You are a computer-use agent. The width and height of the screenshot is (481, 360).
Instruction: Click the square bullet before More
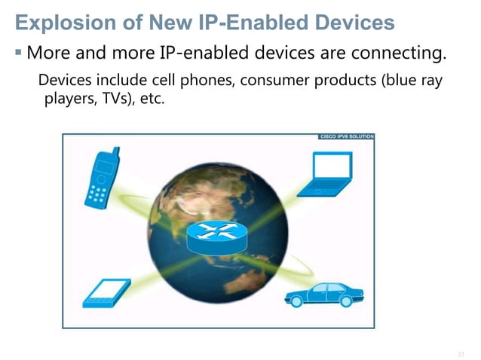point(19,53)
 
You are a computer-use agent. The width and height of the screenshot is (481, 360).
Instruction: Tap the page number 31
point(461,353)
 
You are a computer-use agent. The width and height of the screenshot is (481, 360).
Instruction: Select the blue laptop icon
point(324,175)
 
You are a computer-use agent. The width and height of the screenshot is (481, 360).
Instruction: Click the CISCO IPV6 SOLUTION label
point(346,137)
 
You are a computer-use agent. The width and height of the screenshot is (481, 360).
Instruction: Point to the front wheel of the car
point(296,301)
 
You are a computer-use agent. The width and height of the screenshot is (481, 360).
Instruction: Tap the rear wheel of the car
point(345,301)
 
